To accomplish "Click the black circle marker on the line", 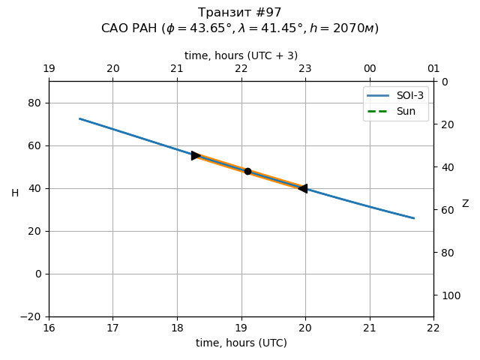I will coord(247,171).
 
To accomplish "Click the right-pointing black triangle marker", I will coord(196,155).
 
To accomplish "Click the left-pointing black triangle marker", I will coord(303,188).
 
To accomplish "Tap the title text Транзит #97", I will coord(240,13).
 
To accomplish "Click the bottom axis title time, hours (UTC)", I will coord(241,343).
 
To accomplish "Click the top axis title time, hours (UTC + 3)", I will coord(241,55).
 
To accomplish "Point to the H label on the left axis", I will coord(15,193).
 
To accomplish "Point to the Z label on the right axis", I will coord(465,204).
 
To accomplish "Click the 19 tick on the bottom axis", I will coord(241,327).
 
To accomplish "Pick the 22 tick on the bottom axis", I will coord(433,327).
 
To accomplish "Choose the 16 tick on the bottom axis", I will coord(49,327).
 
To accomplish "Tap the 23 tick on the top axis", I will coord(305,69).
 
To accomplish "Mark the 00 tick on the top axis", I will coord(370,69).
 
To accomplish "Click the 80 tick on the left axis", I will coord(34,103).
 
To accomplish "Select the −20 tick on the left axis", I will coord(31,316).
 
